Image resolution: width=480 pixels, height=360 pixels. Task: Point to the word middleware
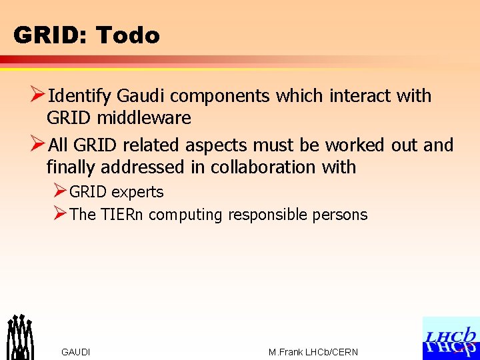[x=145, y=119]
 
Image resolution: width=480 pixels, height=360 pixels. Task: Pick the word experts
[x=137, y=193]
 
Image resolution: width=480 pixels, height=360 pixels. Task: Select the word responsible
[x=273, y=215]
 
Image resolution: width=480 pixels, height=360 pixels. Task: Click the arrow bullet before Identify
[x=39, y=96]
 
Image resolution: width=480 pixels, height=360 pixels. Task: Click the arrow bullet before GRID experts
[x=59, y=192]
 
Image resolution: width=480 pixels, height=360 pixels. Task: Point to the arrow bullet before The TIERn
[x=59, y=214]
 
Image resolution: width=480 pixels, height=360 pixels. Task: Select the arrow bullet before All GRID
[x=39, y=145]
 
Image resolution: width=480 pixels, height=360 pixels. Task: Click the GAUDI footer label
[x=75, y=352]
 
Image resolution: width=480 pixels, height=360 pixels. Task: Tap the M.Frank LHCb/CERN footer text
[x=313, y=352]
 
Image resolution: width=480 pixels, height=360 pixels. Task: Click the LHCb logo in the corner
[x=451, y=338]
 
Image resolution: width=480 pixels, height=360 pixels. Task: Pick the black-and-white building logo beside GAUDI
[x=19, y=337]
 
